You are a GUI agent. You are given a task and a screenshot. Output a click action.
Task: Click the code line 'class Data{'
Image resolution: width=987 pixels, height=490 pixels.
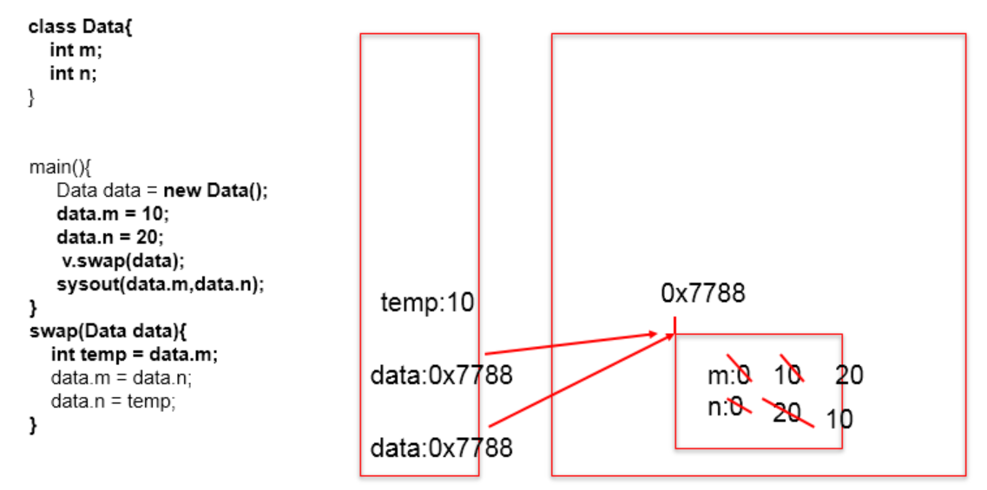(80, 27)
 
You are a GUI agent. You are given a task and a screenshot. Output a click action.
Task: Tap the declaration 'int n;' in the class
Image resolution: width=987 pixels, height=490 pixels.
(73, 74)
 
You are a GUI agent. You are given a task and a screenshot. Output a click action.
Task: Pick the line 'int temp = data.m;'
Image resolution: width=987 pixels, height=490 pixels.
(134, 354)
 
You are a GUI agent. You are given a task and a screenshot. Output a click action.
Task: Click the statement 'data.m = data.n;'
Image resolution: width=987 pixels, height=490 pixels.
(122, 378)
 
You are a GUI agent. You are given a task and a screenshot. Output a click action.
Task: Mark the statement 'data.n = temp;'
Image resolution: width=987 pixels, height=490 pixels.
(113, 402)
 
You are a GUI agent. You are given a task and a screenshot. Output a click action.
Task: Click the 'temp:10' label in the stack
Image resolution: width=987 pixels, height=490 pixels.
(427, 304)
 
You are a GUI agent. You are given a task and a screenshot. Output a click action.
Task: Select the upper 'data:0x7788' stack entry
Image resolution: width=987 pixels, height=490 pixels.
(441, 376)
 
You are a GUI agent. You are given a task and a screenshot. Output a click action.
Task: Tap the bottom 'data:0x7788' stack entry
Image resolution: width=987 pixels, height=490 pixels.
(441, 448)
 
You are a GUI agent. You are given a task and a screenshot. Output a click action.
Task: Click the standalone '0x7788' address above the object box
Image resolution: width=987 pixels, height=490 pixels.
(702, 293)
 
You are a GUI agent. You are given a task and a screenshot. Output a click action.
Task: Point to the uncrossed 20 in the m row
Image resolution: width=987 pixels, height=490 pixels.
(849, 376)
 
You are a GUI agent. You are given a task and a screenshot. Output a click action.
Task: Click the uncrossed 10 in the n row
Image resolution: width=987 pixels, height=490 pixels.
(839, 419)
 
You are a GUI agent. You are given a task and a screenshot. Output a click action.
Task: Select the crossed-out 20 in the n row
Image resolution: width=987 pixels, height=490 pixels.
(786, 412)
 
